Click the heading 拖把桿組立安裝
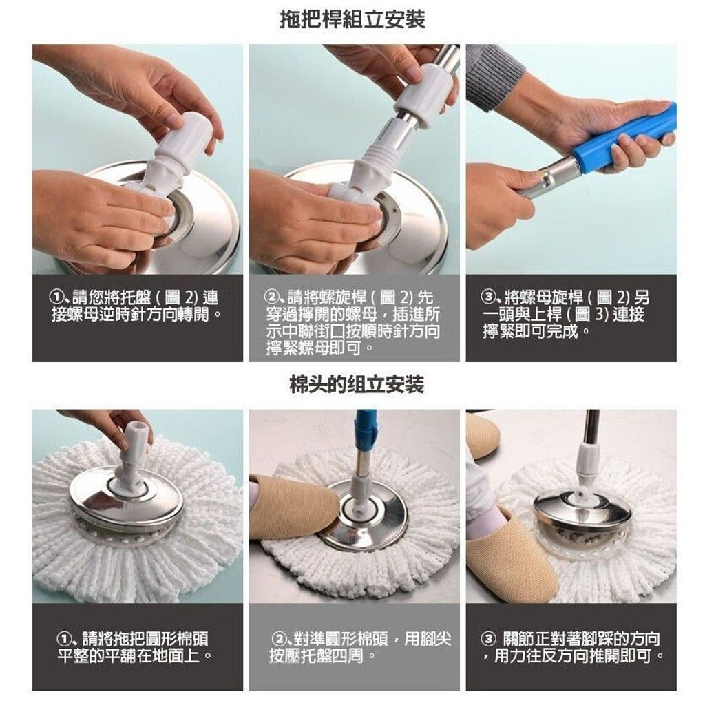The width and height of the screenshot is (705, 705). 352,20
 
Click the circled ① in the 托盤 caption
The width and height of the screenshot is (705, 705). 56,297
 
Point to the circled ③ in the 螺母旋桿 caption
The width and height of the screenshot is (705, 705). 488,297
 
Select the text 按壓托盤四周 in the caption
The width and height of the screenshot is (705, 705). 317,656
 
